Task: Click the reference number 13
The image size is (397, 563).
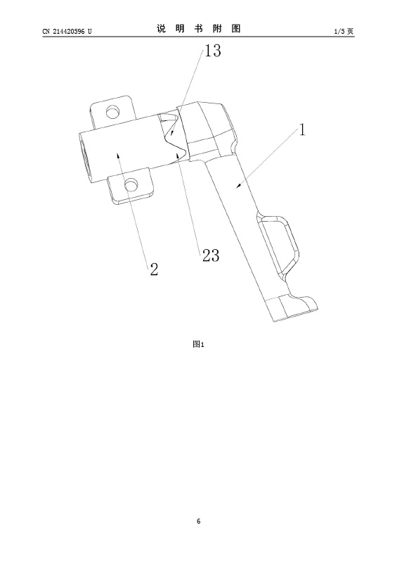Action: click(213, 51)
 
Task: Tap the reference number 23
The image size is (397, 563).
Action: click(211, 255)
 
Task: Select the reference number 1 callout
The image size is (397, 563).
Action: click(303, 129)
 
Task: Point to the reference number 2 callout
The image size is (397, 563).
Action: click(154, 269)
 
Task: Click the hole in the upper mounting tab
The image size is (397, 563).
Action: click(113, 111)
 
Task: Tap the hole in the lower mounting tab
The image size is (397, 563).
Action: click(130, 186)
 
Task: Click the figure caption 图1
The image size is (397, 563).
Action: click(198, 344)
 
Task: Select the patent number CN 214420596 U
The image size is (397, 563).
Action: click(67, 31)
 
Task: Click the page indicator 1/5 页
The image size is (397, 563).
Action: click(344, 31)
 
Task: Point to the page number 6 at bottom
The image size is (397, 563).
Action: click(199, 521)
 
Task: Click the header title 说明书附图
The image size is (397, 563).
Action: click(198, 29)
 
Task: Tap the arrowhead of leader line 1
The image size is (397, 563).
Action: click(237, 186)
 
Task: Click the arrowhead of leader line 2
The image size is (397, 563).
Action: click(117, 155)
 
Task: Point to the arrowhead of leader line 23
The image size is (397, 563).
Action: click(178, 155)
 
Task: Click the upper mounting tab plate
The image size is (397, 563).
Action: click(112, 110)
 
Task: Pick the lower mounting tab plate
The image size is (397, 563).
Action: click(131, 186)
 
